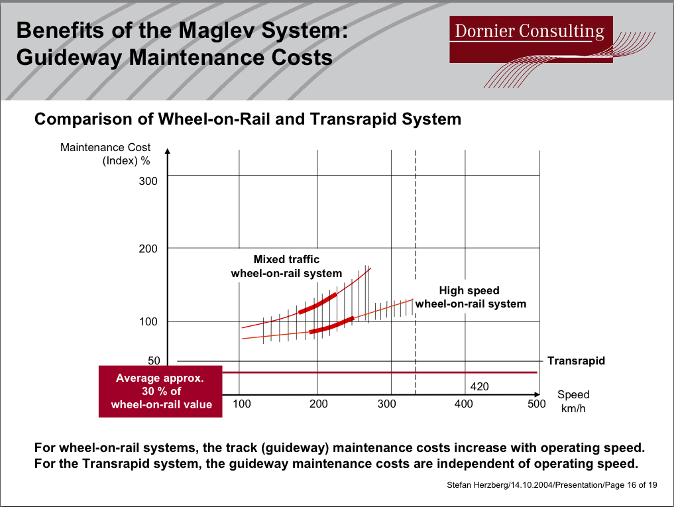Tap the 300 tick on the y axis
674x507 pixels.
pos(148,181)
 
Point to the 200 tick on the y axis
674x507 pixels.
pos(148,249)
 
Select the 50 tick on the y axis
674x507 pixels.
pos(154,361)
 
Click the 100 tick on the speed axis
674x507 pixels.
pos(242,404)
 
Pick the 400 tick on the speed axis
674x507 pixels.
pos(464,404)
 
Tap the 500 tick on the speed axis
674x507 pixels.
pos(536,404)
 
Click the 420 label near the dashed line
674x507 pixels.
pos(480,386)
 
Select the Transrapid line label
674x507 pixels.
pos(576,361)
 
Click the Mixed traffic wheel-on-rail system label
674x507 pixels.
pos(286,266)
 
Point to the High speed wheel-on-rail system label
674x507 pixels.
pos(470,297)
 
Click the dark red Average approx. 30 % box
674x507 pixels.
pos(160,391)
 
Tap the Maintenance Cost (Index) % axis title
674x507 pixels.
pos(106,154)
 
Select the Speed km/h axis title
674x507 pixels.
pos(573,402)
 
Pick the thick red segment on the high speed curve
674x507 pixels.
pos(331,325)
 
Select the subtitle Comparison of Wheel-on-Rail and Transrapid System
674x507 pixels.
pos(247,119)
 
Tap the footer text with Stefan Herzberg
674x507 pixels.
pos(553,485)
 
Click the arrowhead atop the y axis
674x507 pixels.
pos(168,151)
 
